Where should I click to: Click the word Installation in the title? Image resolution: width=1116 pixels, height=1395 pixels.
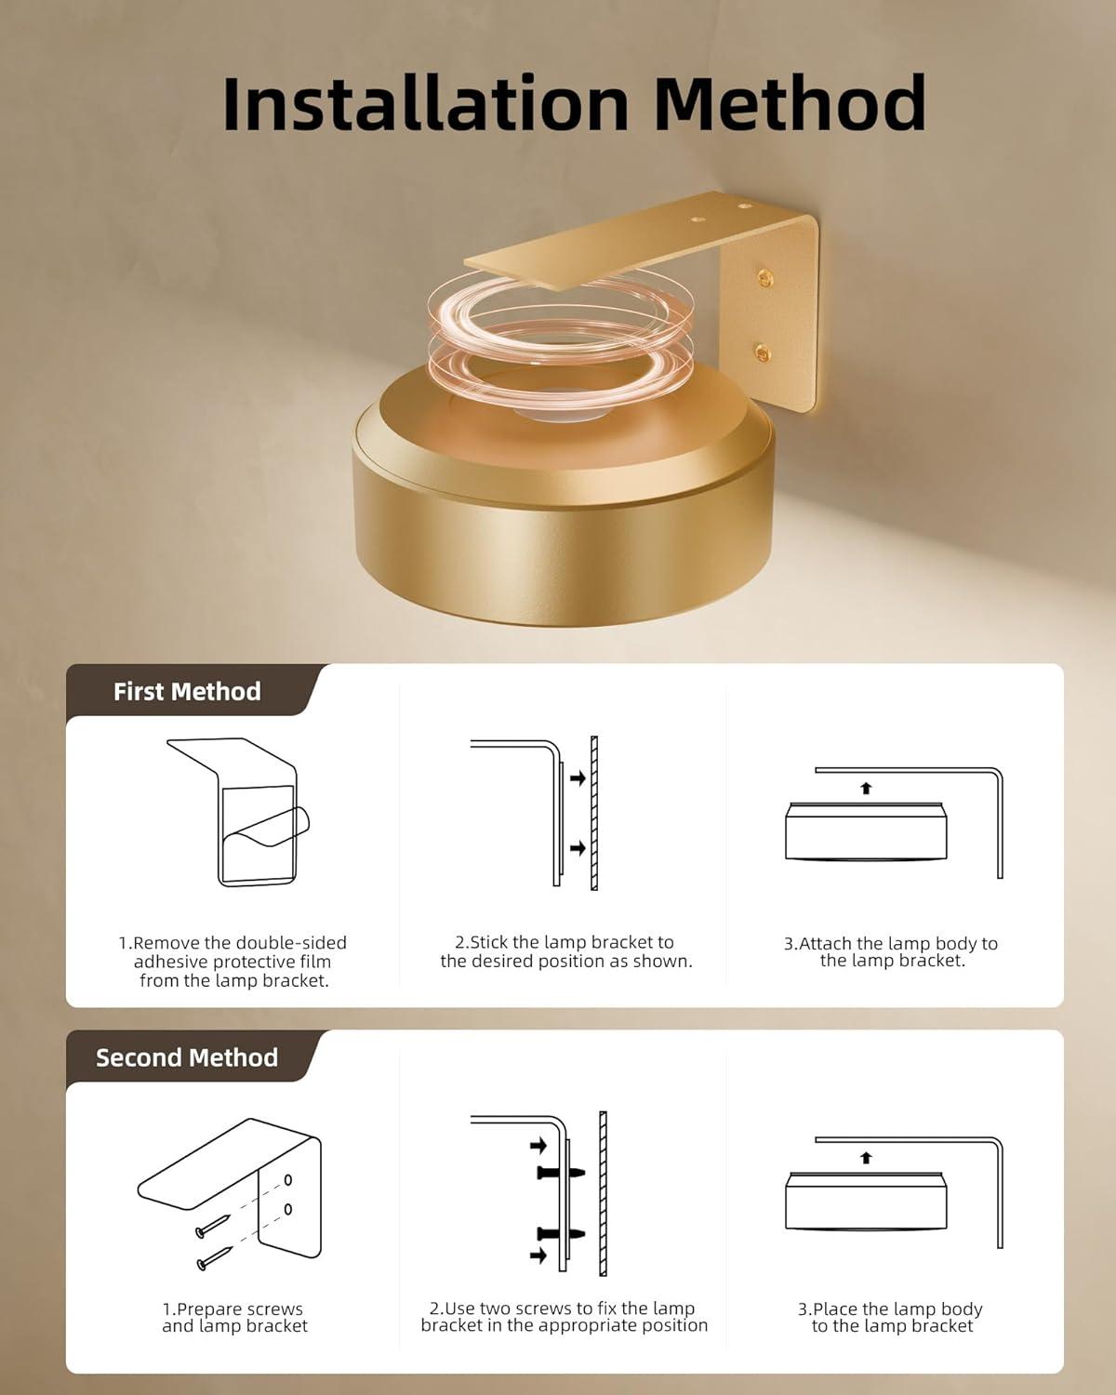point(425,103)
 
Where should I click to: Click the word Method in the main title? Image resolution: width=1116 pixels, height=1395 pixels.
point(790,103)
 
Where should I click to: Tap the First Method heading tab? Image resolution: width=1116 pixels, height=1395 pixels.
point(188,691)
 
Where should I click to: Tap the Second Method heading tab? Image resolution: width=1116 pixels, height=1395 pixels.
point(187,1057)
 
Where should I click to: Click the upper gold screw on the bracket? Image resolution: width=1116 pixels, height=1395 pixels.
point(765,279)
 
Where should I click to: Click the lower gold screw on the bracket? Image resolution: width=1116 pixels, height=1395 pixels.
point(762,352)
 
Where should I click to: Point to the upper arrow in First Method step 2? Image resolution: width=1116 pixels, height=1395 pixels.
point(578,777)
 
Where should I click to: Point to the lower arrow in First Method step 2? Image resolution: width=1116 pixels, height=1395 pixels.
point(578,847)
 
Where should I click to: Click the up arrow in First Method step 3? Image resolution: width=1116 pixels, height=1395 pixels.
point(866,788)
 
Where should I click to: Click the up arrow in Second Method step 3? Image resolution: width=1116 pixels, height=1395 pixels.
point(866,1157)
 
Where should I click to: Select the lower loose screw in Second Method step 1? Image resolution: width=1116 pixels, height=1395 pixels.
point(215,1258)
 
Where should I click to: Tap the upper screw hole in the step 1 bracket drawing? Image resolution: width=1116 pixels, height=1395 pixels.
point(288,1180)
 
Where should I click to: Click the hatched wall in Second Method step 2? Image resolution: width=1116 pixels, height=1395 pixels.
point(603,1193)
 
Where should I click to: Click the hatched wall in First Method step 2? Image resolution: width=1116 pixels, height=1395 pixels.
point(594,813)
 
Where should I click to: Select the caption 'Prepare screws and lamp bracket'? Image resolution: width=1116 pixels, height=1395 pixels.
point(234,1317)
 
